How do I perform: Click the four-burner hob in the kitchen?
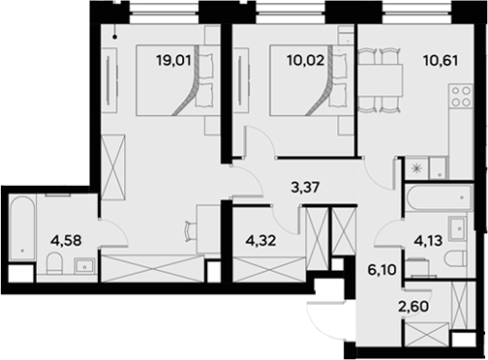(458, 98)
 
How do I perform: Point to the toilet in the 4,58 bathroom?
(53, 264)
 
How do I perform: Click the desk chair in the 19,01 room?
(187, 231)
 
